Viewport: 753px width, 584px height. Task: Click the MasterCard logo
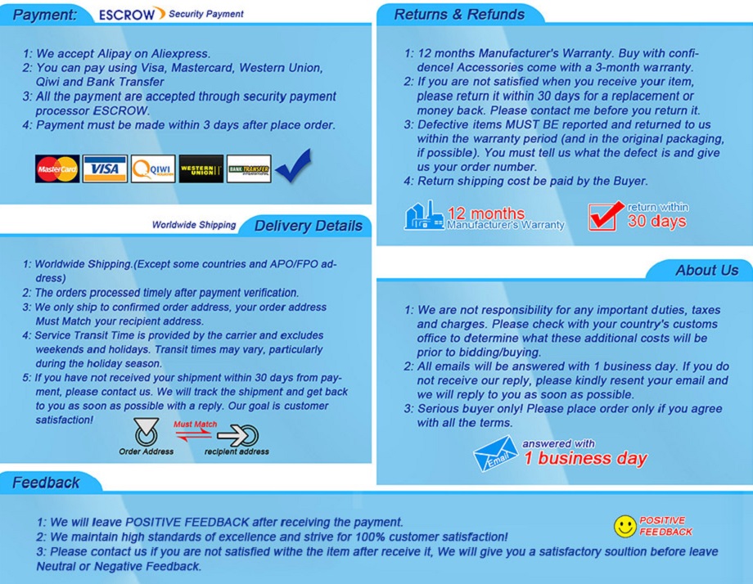(x=57, y=169)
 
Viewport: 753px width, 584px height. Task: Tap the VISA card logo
(x=105, y=169)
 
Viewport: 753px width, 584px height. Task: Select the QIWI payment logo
(x=153, y=169)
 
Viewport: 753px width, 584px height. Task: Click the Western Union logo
(x=201, y=169)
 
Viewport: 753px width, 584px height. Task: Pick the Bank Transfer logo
(x=249, y=169)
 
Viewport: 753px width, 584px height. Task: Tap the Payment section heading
(x=46, y=15)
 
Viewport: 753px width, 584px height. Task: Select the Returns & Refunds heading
(x=459, y=15)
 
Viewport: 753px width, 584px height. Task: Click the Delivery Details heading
(x=308, y=226)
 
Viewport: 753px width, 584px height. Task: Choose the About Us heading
(x=706, y=271)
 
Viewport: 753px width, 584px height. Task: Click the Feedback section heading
(x=46, y=483)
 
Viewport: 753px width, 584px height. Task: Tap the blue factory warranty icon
(x=424, y=215)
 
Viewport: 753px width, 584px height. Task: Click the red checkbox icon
(x=606, y=215)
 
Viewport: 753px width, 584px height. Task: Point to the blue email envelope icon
(x=495, y=454)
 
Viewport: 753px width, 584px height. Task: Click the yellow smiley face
(x=625, y=526)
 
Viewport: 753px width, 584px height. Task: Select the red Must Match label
(x=196, y=425)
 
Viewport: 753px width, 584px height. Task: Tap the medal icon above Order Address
(x=146, y=434)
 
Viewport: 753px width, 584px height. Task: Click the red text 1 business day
(x=585, y=459)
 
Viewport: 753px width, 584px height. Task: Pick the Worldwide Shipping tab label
(x=194, y=225)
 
